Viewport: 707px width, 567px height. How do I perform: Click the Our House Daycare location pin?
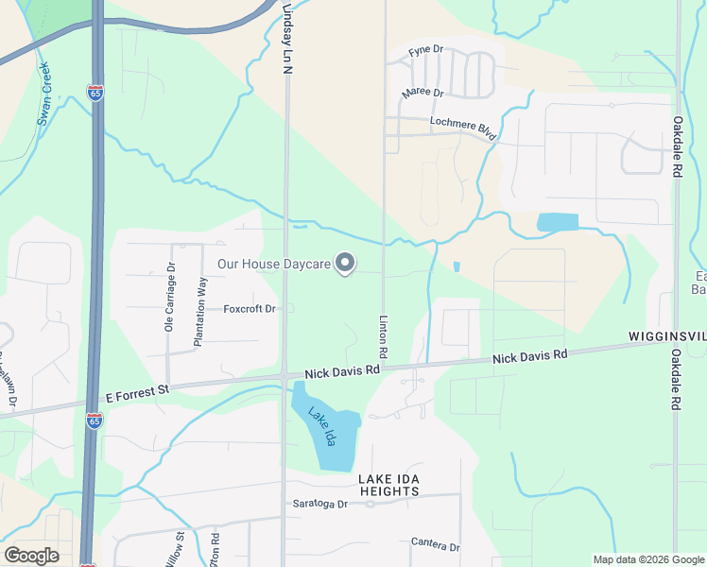click(346, 264)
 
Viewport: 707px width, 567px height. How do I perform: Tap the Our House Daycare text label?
click(275, 265)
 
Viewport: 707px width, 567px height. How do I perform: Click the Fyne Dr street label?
click(425, 51)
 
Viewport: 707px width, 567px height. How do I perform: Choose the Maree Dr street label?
click(422, 93)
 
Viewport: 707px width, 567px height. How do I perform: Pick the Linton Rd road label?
click(384, 335)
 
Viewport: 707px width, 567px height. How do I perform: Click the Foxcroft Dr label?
click(250, 309)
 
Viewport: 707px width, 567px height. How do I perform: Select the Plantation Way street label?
click(200, 312)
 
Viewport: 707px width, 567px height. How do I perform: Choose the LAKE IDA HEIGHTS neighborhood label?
click(389, 485)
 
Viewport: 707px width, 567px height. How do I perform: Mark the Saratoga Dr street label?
click(319, 504)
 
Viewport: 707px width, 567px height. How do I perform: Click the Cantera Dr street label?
click(435, 546)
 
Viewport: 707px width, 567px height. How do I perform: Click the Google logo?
click(31, 555)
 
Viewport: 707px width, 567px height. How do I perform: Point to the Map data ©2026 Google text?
click(647, 559)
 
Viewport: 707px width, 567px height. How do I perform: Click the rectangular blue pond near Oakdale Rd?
click(558, 223)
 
